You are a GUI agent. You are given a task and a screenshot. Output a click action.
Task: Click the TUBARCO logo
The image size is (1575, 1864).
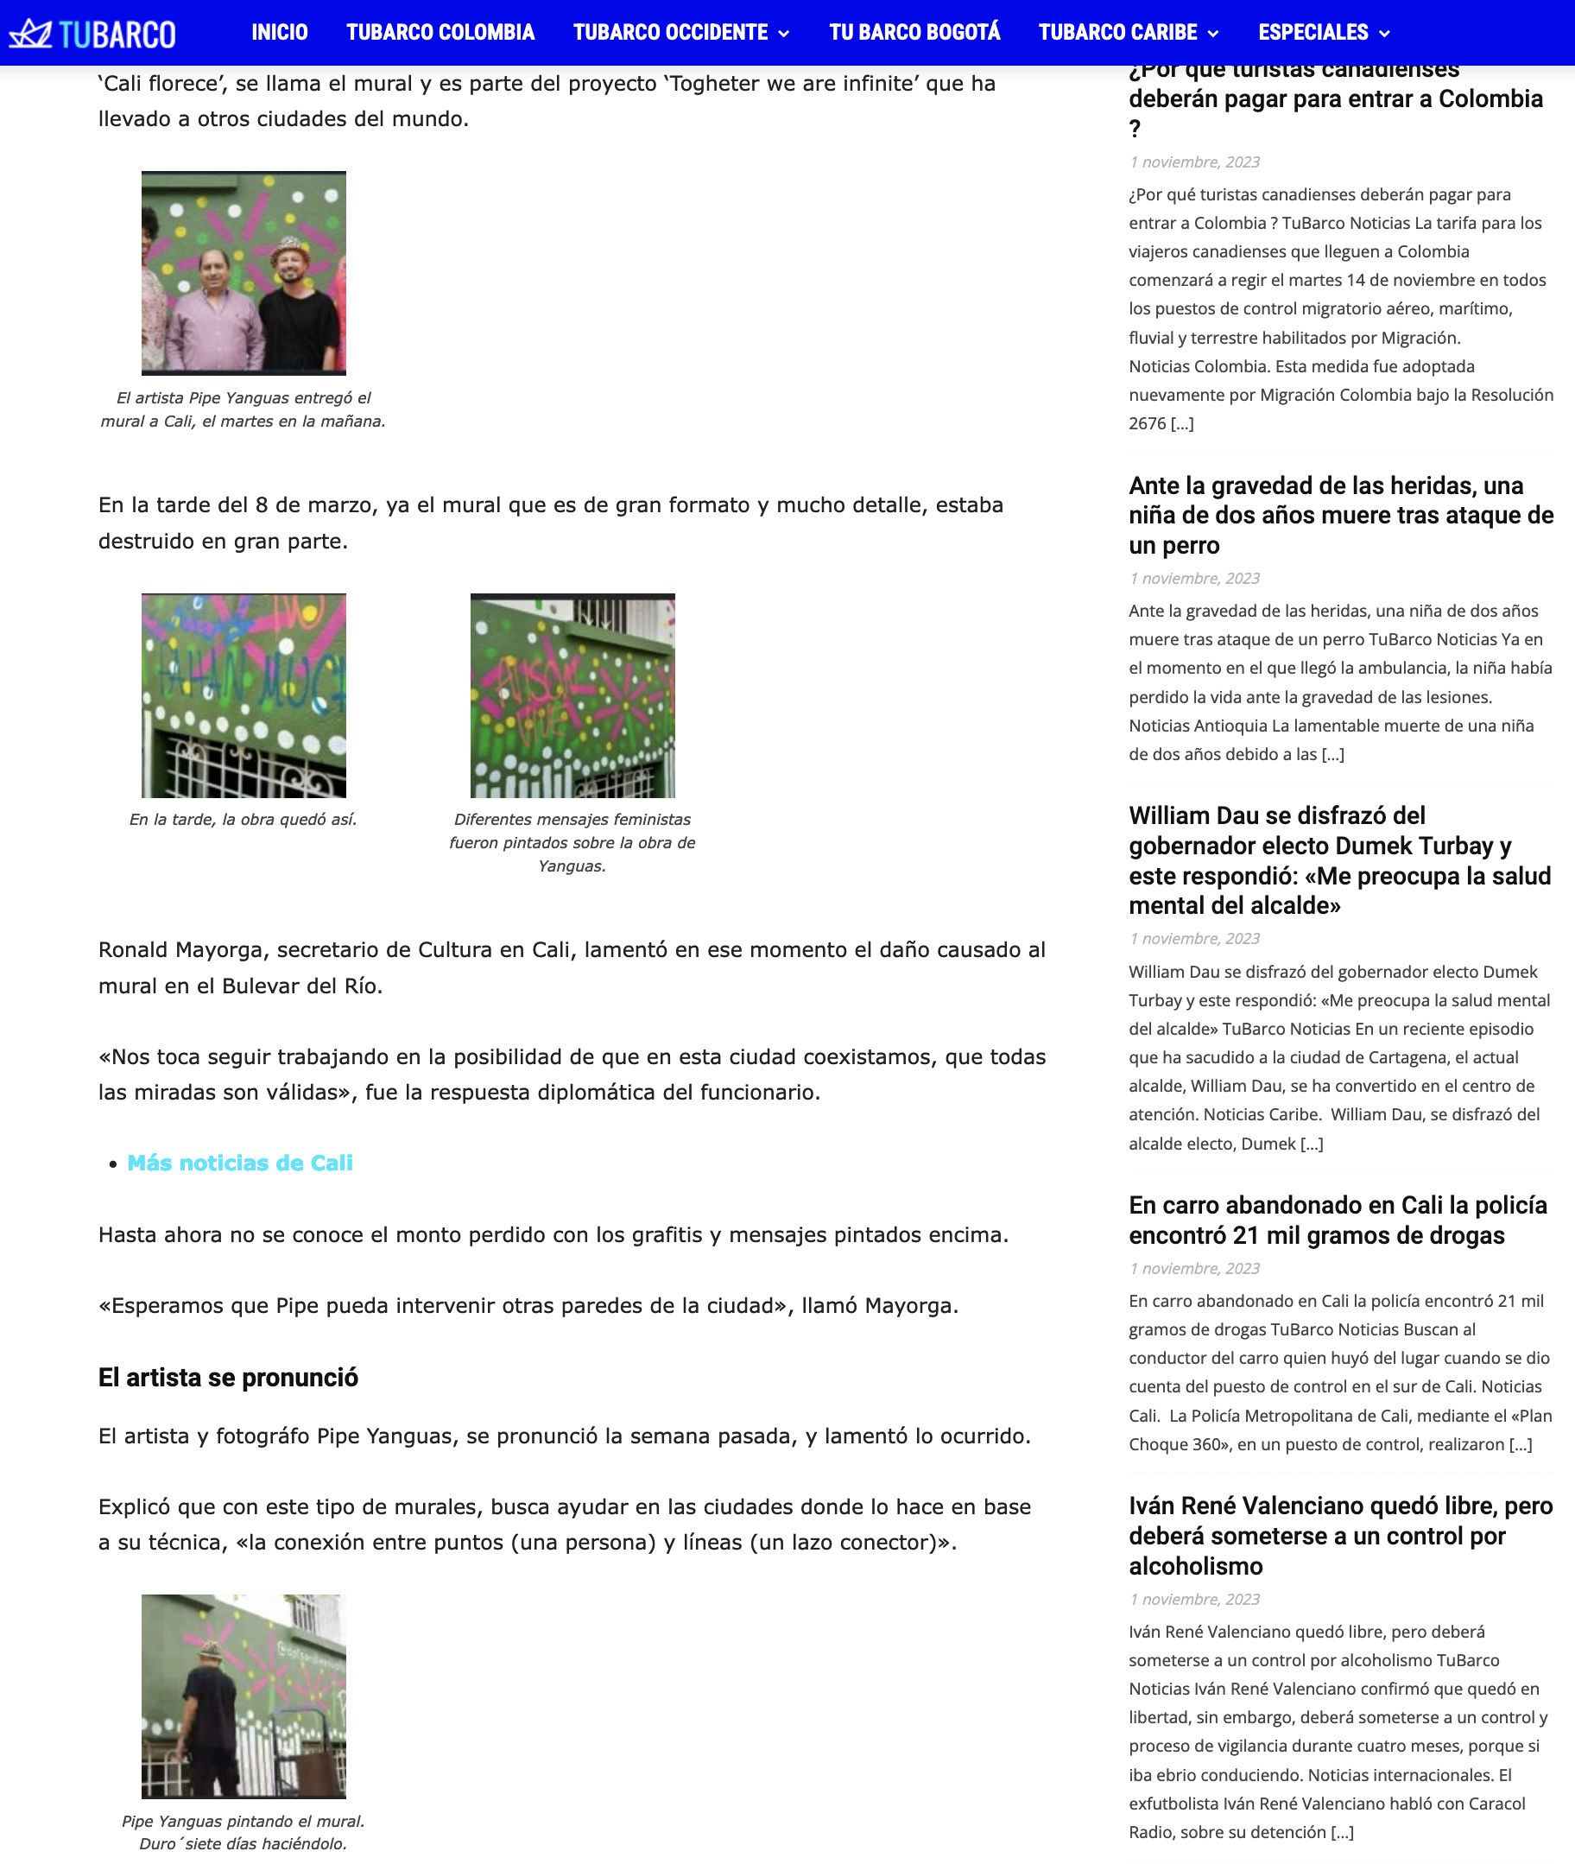(92, 34)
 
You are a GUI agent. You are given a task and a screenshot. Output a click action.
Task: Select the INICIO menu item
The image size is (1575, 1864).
(280, 33)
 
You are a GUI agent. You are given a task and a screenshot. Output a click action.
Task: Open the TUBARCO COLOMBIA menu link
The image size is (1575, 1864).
(440, 33)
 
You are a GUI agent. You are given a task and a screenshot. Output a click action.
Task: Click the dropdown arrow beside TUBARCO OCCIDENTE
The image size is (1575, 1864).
(784, 34)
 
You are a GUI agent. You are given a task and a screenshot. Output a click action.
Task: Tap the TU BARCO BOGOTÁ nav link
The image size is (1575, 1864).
(914, 33)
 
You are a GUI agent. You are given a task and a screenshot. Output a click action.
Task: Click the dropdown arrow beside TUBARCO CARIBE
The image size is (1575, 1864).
(1212, 34)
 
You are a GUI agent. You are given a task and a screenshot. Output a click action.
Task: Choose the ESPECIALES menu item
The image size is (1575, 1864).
(1312, 33)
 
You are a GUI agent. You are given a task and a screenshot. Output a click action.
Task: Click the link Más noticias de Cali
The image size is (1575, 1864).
(240, 1163)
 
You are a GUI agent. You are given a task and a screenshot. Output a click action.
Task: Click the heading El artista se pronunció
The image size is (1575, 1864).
(228, 1377)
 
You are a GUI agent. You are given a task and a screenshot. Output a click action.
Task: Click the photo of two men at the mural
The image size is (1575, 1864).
(243, 273)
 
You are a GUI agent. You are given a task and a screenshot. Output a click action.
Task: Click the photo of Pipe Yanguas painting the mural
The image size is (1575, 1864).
(243, 1696)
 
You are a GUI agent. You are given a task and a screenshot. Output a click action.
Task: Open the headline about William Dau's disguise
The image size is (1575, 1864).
(1339, 860)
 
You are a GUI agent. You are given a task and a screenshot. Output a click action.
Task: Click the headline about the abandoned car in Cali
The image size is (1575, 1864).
(1338, 1220)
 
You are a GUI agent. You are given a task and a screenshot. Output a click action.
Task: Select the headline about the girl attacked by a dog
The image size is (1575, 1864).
(1340, 516)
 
